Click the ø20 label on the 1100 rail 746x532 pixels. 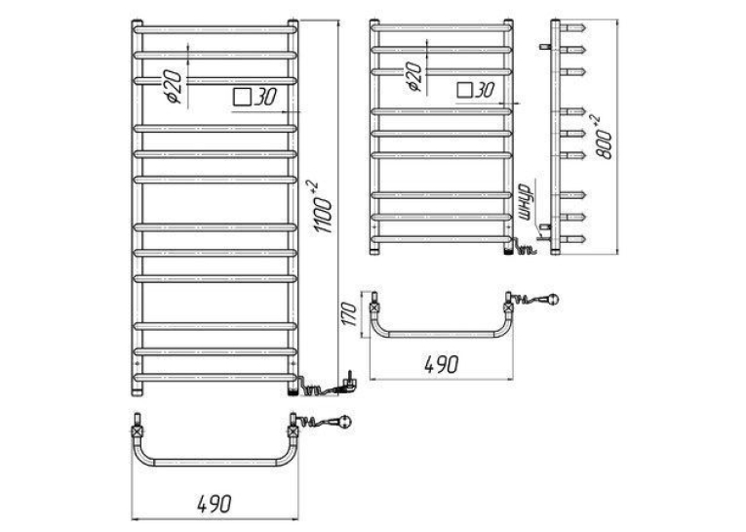[172, 86]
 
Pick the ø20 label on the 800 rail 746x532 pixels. [413, 76]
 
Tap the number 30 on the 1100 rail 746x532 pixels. [264, 98]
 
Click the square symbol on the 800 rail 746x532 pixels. [464, 90]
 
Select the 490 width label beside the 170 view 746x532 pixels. [442, 365]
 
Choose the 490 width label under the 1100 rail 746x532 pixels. [215, 504]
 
